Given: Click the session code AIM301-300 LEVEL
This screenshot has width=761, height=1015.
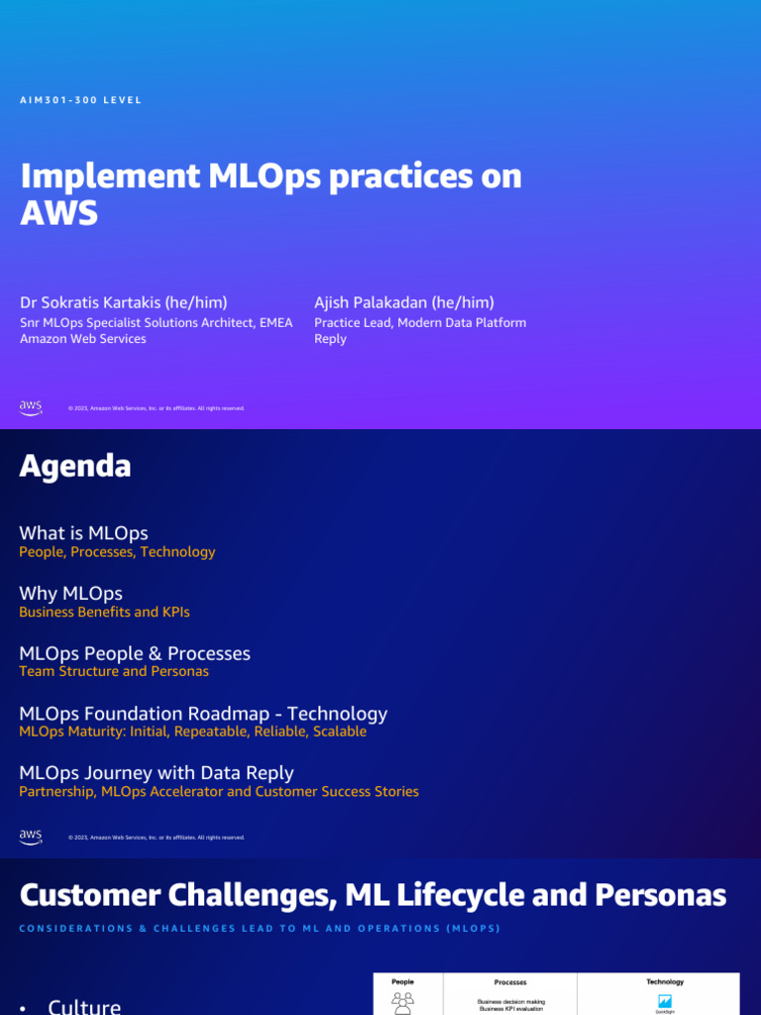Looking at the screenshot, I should click(81, 100).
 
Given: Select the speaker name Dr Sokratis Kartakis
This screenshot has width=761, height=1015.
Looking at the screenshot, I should click(124, 302).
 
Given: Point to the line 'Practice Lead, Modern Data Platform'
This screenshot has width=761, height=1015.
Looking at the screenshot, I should click(420, 323).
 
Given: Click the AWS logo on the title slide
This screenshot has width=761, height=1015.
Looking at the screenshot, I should click(31, 407).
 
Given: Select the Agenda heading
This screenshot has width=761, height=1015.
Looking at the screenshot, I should click(75, 467).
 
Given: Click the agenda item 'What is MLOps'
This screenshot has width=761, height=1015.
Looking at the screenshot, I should click(83, 533).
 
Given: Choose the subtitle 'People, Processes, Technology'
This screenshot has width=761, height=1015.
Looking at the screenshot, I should click(117, 552).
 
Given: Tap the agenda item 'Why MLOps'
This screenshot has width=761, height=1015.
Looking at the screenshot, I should click(70, 594).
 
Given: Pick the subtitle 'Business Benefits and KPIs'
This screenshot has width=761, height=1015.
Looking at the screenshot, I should click(104, 613).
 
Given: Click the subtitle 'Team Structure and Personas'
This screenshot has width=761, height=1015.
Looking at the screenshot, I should click(114, 672).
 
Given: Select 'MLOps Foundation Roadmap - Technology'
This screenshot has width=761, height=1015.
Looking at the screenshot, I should click(203, 714).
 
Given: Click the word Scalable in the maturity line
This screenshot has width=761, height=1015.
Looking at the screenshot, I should click(340, 732).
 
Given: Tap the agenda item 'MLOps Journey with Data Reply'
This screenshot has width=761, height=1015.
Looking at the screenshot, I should click(157, 773).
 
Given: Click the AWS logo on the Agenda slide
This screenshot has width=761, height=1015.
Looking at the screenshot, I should click(31, 838).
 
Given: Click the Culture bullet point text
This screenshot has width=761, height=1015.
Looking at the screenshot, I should click(84, 1006).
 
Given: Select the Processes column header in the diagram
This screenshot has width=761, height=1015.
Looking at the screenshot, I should click(510, 982).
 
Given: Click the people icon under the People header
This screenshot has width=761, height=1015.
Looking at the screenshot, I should click(403, 1003).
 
